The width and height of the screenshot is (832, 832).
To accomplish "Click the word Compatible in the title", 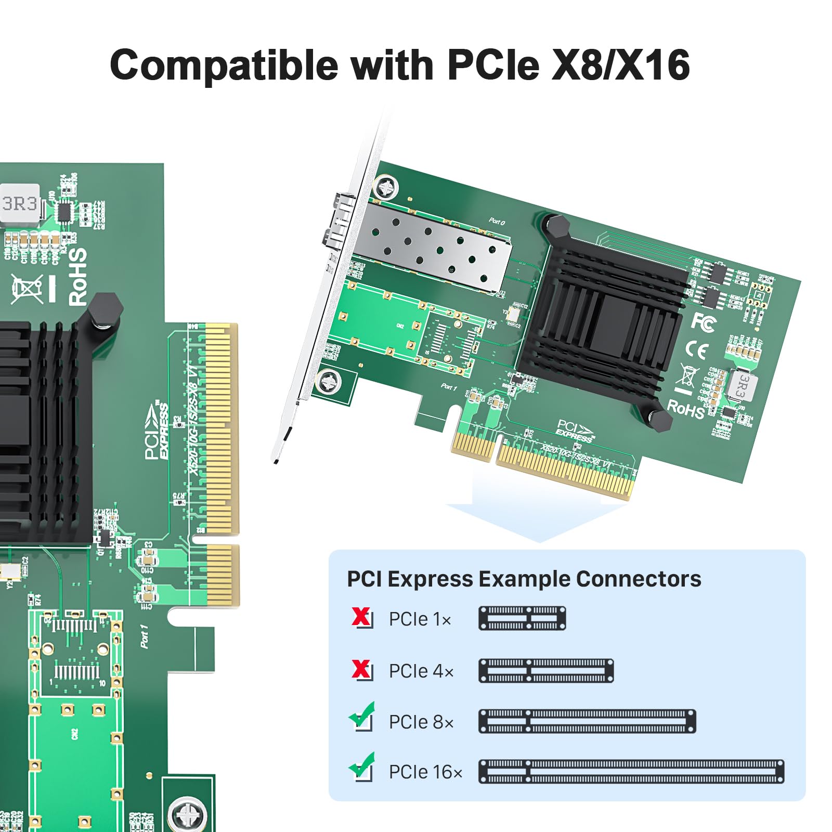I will coord(224,65).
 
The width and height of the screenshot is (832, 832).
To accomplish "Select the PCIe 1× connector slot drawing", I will coord(522,618).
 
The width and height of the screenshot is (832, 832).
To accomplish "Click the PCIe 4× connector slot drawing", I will coord(546,670).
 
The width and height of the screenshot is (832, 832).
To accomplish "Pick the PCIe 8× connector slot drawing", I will coord(587,721).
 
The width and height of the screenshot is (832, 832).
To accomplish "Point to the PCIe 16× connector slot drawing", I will coord(631,772).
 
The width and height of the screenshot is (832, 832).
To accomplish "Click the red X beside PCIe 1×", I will coord(361,617).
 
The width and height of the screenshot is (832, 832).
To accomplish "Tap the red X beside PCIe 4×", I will coord(361,669).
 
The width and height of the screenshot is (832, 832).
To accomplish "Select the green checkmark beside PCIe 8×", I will coord(362,716).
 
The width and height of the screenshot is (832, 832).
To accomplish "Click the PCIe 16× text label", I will coord(425,772).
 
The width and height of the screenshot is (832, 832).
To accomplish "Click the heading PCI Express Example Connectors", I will coord(524,579).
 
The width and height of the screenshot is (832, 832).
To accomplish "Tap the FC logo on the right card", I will coord(703,322).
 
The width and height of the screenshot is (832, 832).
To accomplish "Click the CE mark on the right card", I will coord(696,350).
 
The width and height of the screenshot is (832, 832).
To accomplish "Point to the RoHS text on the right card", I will coord(686,408).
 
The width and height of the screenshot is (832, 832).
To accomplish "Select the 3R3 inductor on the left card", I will coord(20,203).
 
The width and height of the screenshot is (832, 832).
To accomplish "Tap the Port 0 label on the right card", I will coord(497,222).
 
